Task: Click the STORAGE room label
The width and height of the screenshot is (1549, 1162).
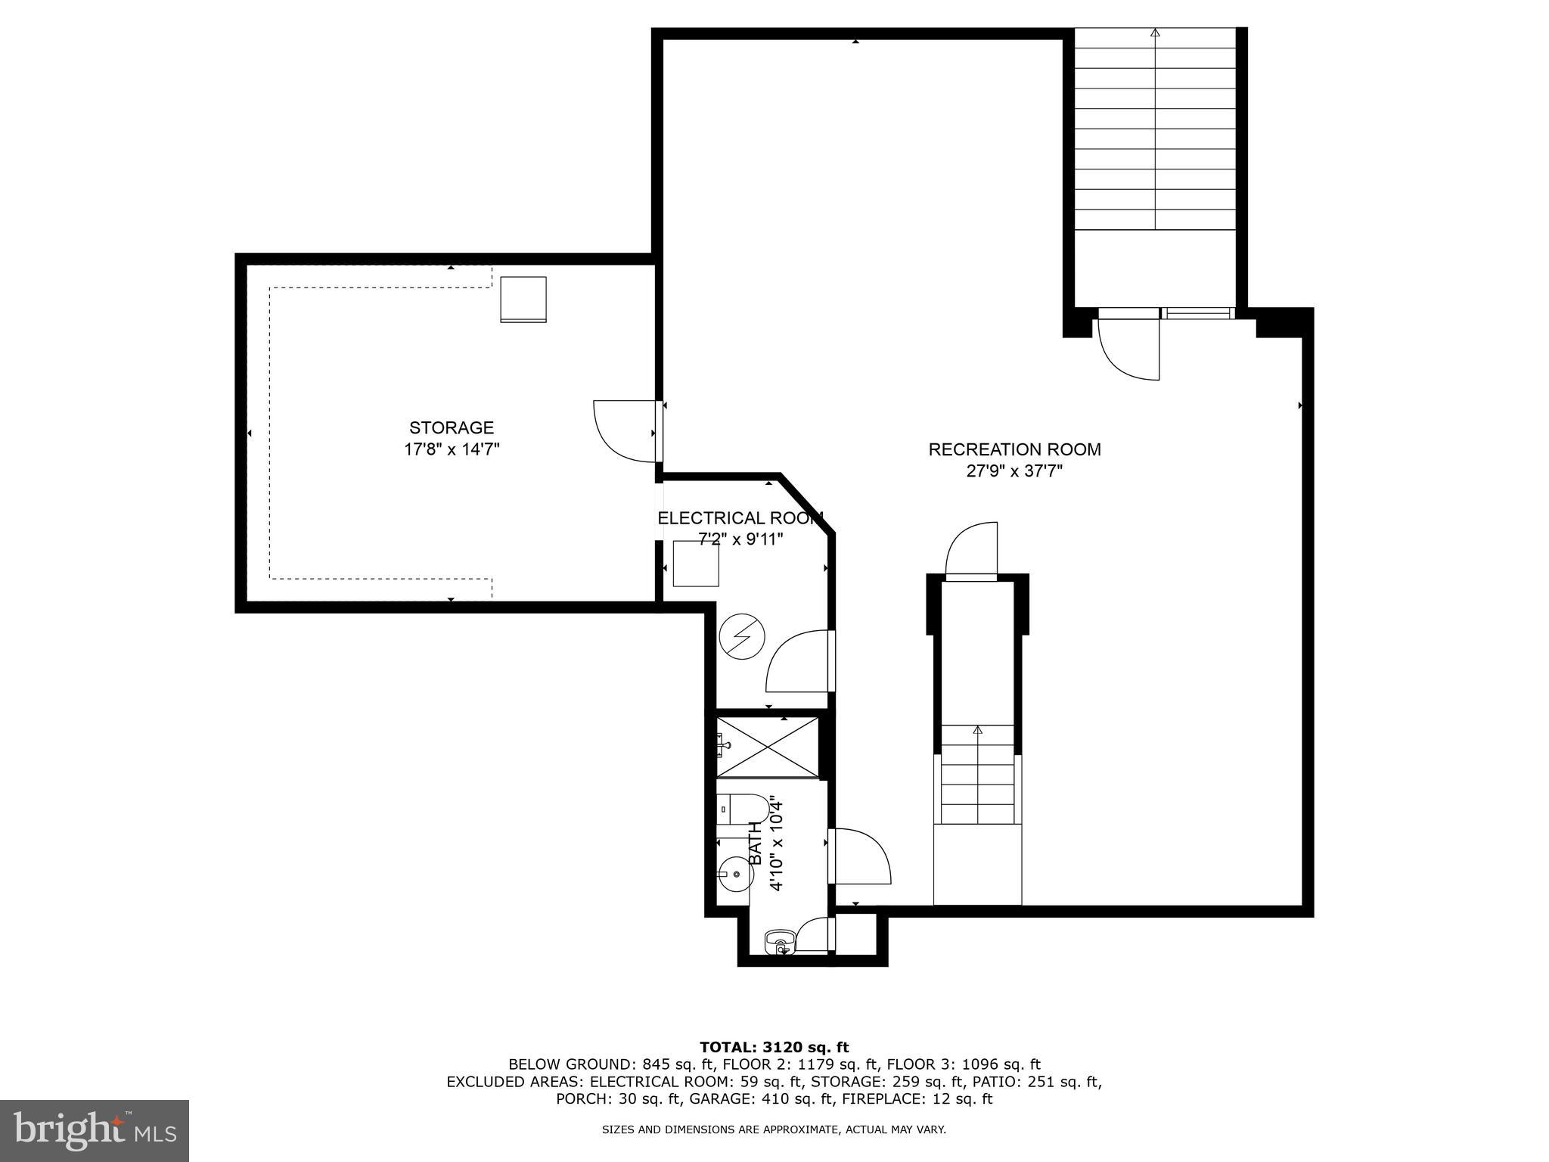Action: tap(452, 427)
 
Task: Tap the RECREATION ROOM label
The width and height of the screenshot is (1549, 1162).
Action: tap(1014, 449)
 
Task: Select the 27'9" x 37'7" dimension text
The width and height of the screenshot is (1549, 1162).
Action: tap(1014, 471)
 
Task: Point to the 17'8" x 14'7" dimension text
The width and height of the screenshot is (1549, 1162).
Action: tap(452, 449)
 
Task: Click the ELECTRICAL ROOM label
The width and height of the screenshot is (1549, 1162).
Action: tap(740, 518)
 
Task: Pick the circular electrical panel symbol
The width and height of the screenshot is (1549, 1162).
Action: tap(742, 636)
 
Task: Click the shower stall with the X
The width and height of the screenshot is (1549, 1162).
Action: tap(767, 747)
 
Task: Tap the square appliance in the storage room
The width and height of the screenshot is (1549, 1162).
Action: tap(523, 300)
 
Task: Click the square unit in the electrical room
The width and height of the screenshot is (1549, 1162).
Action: tap(695, 564)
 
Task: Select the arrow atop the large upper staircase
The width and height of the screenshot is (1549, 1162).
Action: tap(1155, 33)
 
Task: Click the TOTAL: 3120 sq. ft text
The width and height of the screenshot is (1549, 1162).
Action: tap(774, 1047)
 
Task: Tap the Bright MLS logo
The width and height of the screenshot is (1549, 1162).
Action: tap(94, 1130)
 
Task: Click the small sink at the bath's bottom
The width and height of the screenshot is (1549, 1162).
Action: tap(779, 943)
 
